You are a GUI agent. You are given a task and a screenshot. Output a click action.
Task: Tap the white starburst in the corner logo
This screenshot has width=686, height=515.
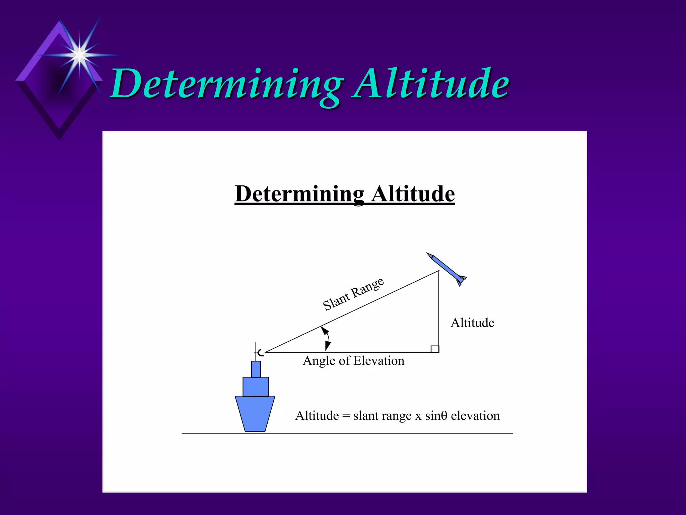coord(79,55)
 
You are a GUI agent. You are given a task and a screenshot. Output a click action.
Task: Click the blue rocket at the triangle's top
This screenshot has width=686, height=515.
coord(446,269)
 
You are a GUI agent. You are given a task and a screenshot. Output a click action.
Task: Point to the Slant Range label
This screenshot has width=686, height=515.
coord(353,294)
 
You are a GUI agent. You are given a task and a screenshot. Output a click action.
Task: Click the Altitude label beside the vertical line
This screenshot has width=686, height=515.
coord(472,323)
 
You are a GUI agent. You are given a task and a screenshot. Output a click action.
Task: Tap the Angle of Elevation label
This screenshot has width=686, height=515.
coord(353,361)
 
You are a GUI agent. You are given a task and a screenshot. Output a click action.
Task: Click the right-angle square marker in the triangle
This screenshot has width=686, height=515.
coord(435,349)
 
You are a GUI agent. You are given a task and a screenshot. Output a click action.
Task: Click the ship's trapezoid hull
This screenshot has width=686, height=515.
coord(255,413)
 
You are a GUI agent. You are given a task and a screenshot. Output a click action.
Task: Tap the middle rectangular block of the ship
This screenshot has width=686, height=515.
coord(256,387)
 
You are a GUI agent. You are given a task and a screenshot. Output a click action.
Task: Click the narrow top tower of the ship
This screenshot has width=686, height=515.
coord(256,369)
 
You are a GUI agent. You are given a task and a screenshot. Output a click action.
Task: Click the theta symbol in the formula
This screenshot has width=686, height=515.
coord(444,416)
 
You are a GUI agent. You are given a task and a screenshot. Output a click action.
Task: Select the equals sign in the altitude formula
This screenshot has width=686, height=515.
coord(346,416)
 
